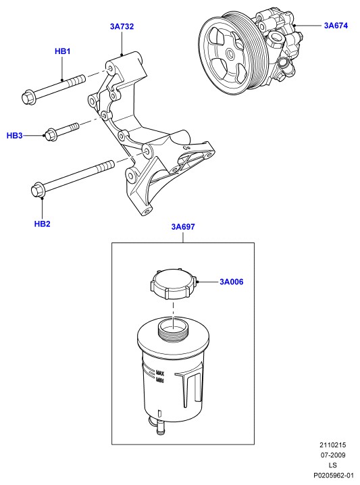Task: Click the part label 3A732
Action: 122,26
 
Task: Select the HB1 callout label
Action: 62,51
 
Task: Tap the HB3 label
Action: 15,136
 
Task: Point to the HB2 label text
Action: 42,224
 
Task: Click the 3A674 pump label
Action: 336,26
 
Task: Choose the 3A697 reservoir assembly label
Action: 183,227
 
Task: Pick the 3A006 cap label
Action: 232,282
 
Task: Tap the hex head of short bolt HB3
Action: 50,135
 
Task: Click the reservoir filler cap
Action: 174,284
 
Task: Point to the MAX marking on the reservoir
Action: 160,373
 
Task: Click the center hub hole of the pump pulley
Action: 230,55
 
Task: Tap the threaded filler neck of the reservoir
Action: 174,330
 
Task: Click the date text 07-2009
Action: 333,455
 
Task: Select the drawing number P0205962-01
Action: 334,475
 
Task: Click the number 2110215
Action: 333,445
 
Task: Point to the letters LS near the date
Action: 333,465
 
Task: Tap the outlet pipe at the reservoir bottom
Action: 161,428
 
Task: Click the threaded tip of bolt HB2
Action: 106,166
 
